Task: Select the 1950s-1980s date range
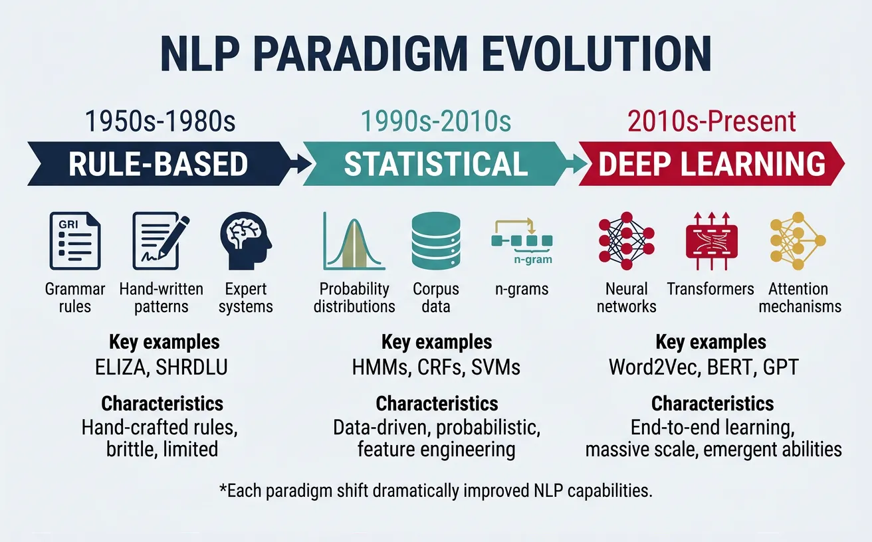click(x=160, y=122)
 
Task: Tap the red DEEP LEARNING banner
click(x=711, y=163)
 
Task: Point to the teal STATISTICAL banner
click(x=435, y=163)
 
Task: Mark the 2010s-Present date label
click(x=711, y=122)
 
